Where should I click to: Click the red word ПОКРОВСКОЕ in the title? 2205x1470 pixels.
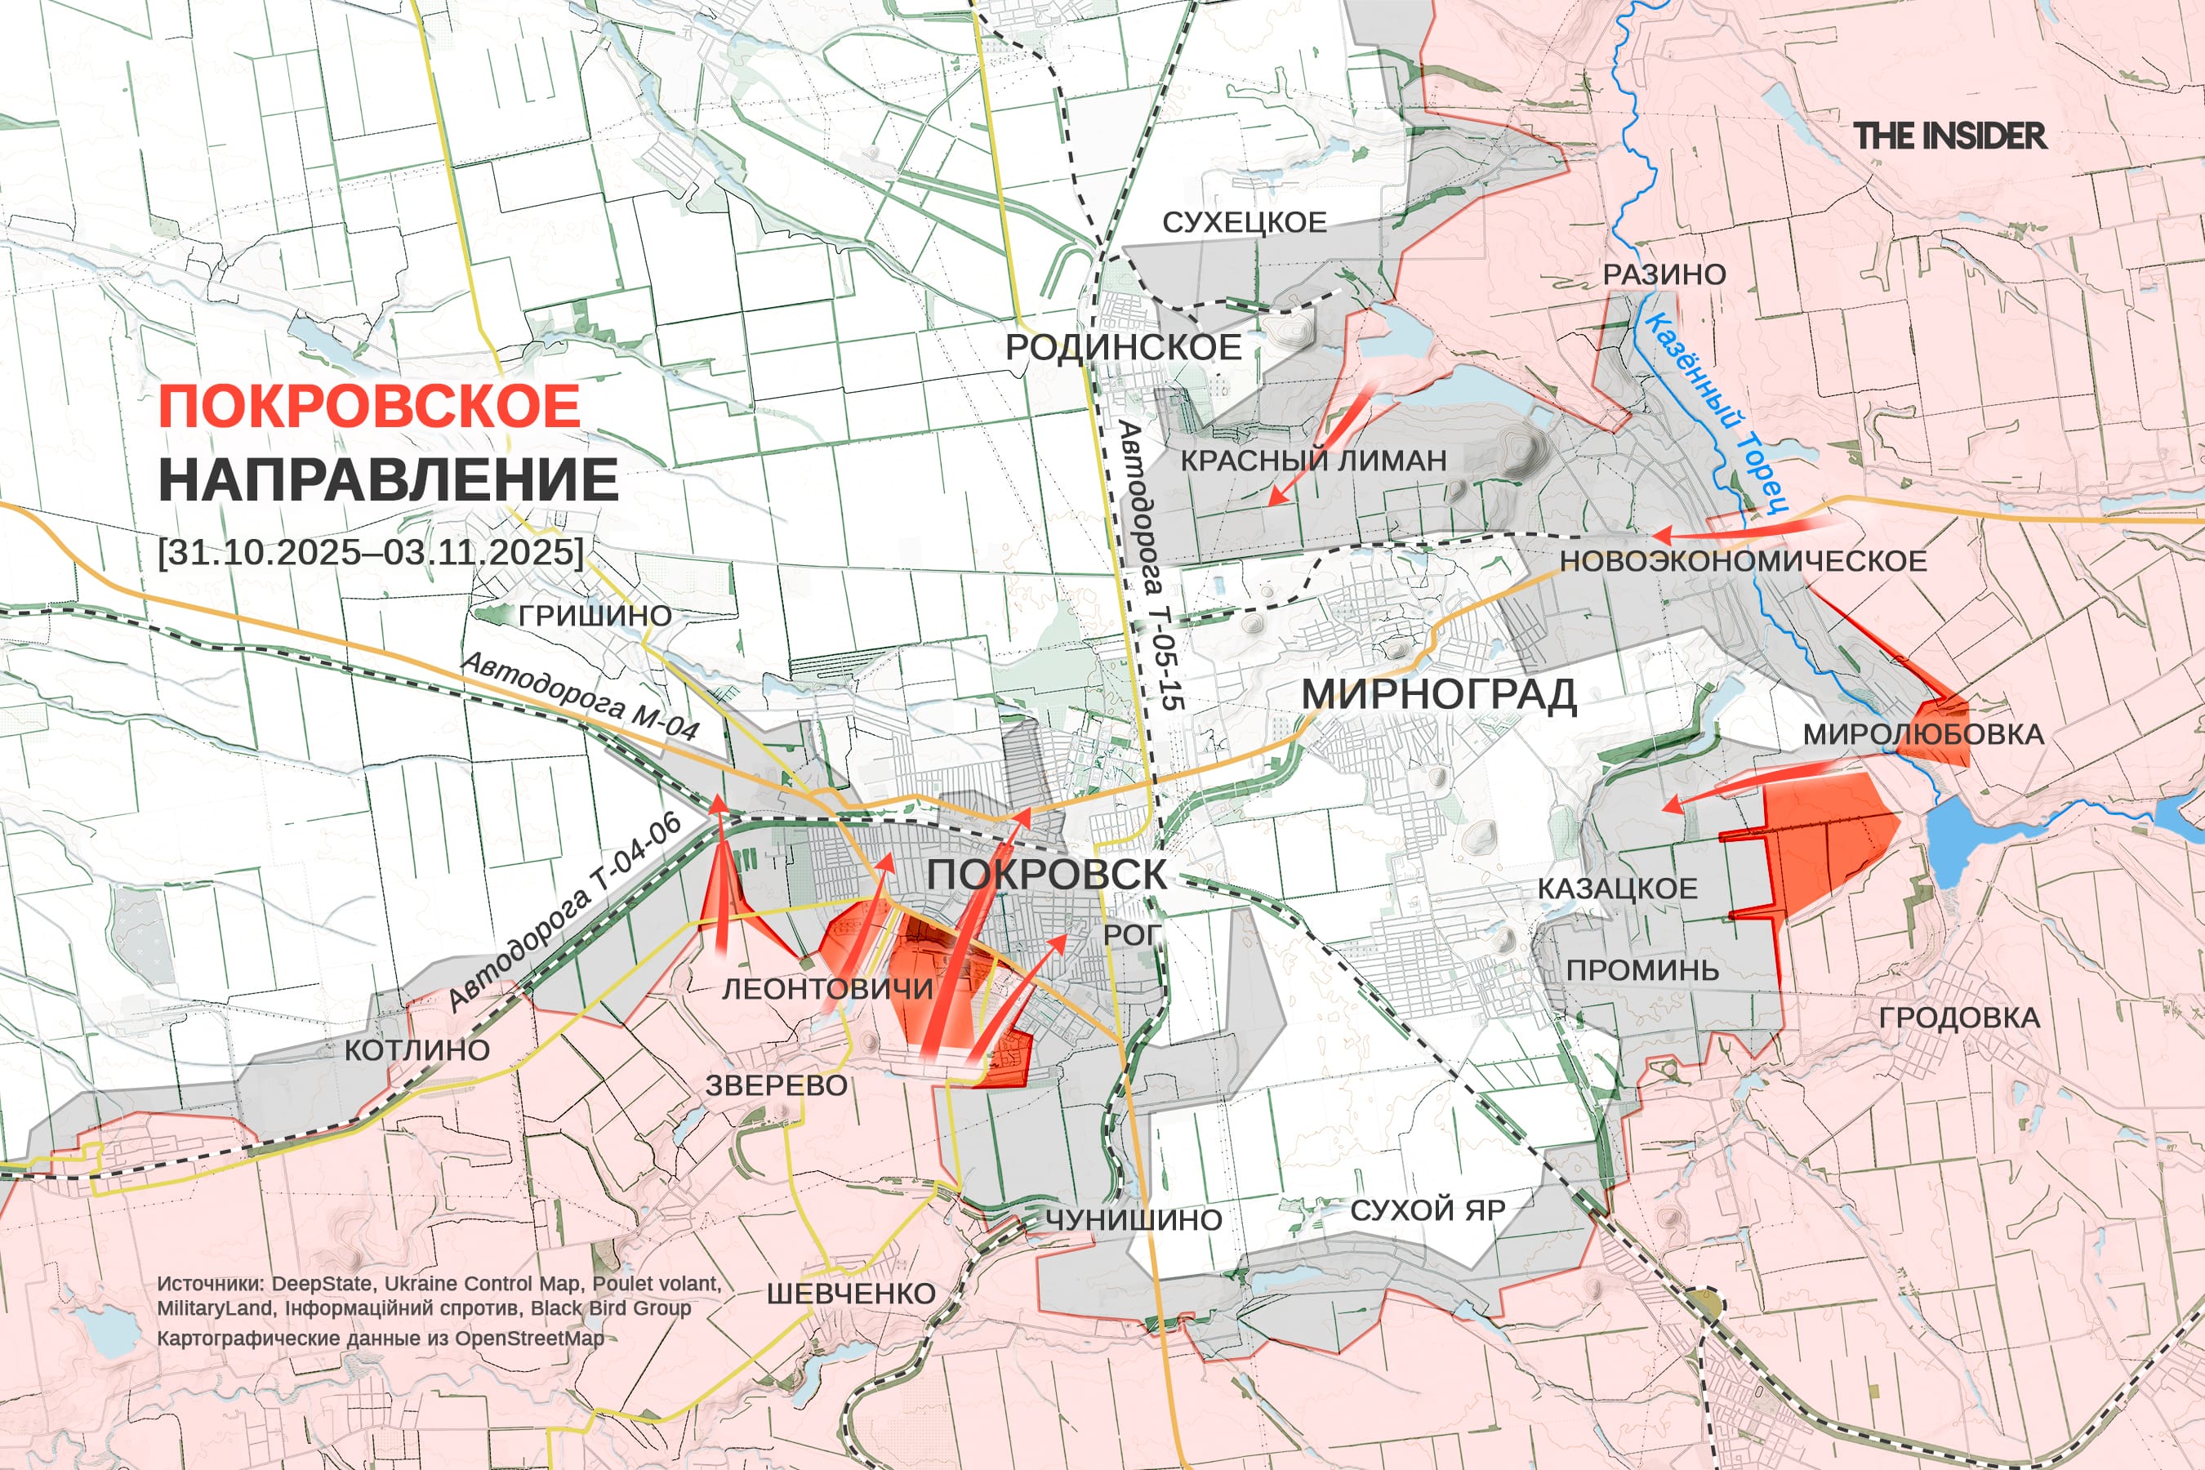tap(369, 406)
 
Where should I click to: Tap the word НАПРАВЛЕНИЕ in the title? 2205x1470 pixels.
tap(388, 479)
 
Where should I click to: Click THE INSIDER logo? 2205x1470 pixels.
tap(1949, 136)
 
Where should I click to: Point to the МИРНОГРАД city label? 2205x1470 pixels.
tap(1438, 695)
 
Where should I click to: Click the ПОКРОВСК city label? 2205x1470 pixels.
tap(1046, 874)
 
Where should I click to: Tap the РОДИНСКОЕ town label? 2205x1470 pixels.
tap(1123, 347)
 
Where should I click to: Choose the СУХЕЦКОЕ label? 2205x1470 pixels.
tap(1244, 222)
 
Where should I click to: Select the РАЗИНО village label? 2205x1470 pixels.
tap(1664, 274)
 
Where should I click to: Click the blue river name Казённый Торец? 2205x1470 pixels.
tap(1715, 412)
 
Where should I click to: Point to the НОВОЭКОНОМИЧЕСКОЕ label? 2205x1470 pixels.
tap(1743, 560)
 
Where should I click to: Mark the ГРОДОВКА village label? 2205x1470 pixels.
tap(1958, 1018)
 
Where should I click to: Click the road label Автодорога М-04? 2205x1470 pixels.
tap(581, 696)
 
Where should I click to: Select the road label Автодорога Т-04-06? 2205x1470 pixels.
tap(564, 911)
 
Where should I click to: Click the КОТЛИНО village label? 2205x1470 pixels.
tap(417, 1050)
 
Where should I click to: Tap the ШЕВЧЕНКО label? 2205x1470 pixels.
tap(850, 1294)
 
